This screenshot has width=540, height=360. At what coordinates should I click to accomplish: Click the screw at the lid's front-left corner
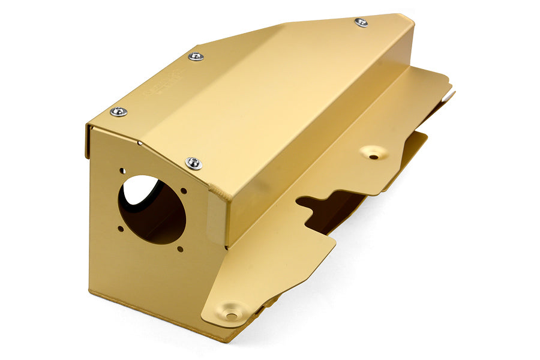[118, 112]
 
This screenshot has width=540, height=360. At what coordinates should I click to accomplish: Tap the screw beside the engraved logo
[196, 56]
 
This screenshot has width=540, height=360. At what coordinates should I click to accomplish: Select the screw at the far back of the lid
[361, 23]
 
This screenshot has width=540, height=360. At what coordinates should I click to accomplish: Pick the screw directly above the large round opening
[193, 163]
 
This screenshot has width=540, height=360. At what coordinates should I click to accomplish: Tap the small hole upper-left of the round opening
[122, 171]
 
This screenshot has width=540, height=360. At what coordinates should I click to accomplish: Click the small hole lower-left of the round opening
[121, 229]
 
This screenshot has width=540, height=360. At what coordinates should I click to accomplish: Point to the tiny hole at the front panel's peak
[139, 143]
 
